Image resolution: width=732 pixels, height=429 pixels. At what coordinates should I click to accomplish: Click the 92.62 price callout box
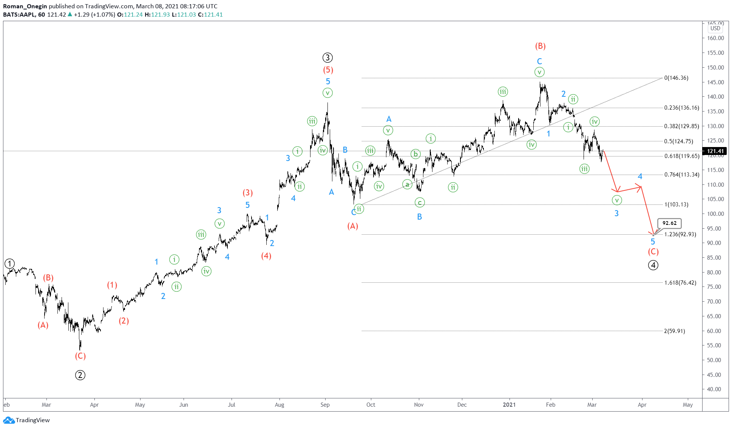(669, 223)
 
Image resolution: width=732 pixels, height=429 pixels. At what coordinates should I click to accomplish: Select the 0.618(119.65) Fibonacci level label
(682, 156)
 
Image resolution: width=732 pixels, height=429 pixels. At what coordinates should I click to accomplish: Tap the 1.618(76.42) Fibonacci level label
(680, 283)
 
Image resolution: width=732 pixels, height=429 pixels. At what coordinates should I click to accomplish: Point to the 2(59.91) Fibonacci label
(674, 331)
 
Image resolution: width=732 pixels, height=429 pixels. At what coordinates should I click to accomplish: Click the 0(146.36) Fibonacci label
(676, 78)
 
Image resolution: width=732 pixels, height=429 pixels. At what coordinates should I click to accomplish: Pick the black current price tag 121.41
(715, 151)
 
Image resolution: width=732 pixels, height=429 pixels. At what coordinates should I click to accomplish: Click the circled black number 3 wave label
(327, 58)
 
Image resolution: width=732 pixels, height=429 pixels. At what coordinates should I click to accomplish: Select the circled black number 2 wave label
(80, 375)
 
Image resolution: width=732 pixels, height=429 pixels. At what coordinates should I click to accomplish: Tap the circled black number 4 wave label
(653, 265)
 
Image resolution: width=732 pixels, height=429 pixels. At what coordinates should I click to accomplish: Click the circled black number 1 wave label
(9, 263)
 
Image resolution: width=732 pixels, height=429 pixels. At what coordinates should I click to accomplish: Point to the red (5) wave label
(328, 70)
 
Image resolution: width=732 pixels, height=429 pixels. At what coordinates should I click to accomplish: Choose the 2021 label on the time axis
(509, 405)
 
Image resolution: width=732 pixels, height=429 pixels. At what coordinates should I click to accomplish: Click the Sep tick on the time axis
(325, 405)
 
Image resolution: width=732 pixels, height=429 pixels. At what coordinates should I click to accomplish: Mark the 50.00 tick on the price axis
(715, 360)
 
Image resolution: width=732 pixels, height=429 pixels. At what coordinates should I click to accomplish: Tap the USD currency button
(715, 28)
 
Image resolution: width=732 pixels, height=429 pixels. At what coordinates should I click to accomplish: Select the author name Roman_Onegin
(25, 6)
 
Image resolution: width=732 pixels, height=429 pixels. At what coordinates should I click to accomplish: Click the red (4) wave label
(266, 256)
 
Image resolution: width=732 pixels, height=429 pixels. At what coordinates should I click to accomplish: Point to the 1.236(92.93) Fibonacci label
(680, 234)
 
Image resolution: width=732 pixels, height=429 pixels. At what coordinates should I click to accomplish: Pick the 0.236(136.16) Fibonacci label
(682, 108)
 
